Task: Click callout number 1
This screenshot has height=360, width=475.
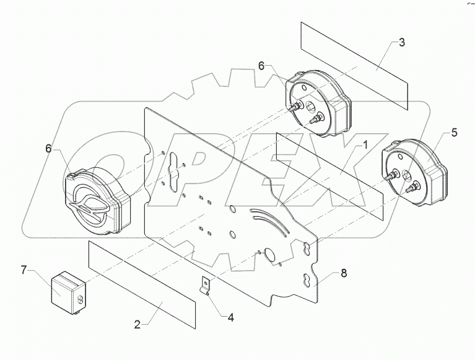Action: point(365,145)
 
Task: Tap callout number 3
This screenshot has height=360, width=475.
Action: point(402,43)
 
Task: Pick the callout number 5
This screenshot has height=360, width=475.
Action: point(454,132)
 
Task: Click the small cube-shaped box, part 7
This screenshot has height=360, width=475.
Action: point(67,289)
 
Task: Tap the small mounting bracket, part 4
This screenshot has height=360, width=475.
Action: point(204,286)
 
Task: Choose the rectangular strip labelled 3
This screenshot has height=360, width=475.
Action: point(355,65)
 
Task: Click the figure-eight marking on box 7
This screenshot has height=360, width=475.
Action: point(80,299)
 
